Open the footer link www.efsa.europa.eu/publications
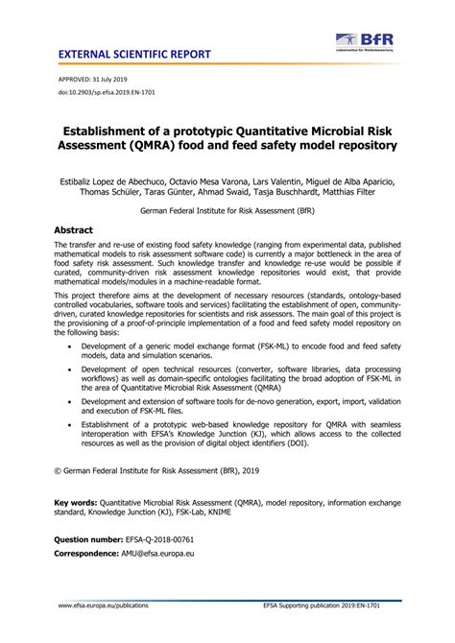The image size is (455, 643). [84, 633]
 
